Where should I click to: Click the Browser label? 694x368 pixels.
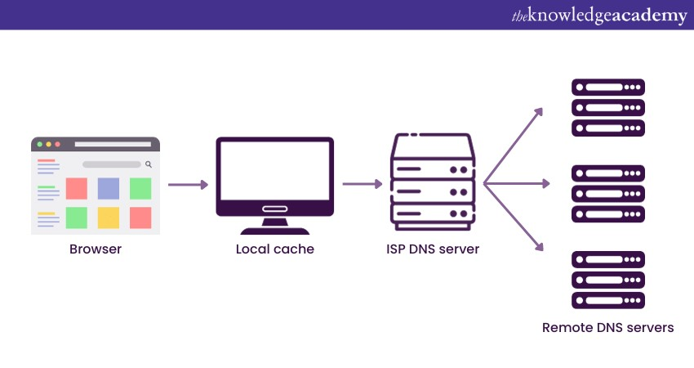click(96, 249)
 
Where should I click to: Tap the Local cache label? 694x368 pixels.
click(274, 249)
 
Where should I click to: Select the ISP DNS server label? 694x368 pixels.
click(433, 249)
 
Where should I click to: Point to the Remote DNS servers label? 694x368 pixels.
click(607, 328)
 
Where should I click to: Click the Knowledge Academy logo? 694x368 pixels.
click(599, 16)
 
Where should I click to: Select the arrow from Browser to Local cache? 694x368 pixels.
click(187, 185)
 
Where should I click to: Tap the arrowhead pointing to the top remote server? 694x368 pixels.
click(539, 110)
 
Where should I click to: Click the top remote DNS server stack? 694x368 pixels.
click(608, 107)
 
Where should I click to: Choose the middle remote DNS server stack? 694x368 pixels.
click(608, 194)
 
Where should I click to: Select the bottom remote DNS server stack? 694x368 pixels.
click(608, 280)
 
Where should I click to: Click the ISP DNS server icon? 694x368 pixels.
click(433, 181)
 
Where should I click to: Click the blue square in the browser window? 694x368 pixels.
click(109, 188)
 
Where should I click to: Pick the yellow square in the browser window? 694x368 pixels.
click(109, 218)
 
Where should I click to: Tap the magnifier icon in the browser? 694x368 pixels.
click(149, 164)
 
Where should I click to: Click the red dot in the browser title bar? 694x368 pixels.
click(57, 144)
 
